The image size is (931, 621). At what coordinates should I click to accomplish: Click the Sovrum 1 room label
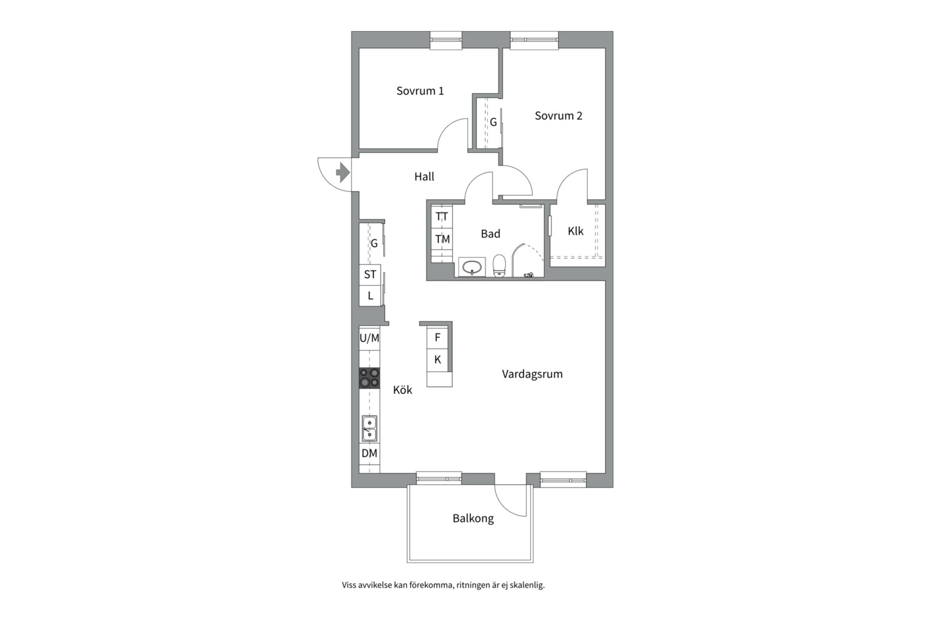point(420,91)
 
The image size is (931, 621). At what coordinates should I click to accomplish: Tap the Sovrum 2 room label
point(558,116)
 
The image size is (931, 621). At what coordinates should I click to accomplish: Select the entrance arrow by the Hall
point(342,172)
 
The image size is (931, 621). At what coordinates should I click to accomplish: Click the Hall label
point(424,177)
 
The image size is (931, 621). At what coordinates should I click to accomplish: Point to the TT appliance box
point(442,217)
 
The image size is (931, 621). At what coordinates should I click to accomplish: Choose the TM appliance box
point(442,239)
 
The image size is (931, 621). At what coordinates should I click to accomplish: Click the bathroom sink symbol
point(472,267)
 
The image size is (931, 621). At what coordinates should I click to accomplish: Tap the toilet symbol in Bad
point(499,266)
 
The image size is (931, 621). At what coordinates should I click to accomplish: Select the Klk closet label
point(575,231)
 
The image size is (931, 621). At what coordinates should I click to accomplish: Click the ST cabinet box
point(370,275)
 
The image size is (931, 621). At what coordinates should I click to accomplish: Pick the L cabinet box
point(370,296)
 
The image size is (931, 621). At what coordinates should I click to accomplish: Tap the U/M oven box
point(370,338)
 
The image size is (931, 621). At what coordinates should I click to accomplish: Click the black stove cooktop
point(370,378)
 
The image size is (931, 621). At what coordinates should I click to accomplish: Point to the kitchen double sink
point(369,428)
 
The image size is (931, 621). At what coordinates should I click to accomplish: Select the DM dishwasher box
point(370,453)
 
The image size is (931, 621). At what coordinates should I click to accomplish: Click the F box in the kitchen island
point(437,338)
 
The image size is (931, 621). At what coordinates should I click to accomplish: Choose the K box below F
point(437,360)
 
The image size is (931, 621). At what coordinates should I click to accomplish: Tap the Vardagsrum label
point(532,374)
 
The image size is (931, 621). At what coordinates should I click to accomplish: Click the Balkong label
point(473,519)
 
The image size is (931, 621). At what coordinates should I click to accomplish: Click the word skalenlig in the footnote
point(528,585)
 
